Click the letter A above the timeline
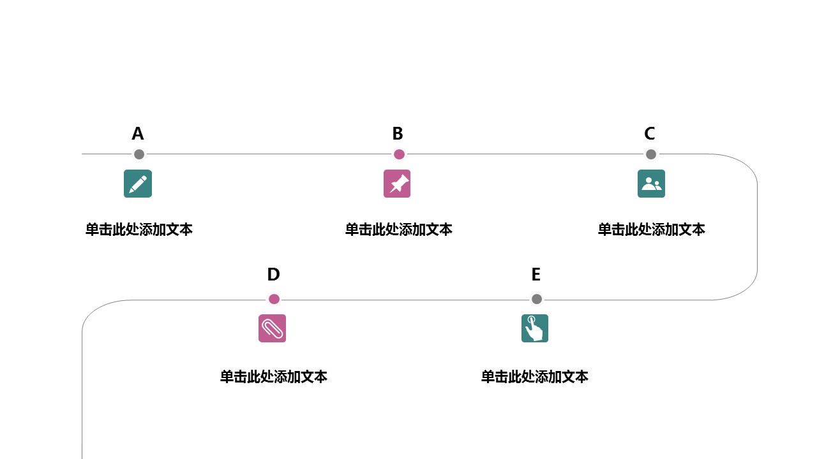[x=138, y=134]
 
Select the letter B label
[x=398, y=134]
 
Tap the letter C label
[x=650, y=134]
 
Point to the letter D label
[x=273, y=275]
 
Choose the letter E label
[x=536, y=275]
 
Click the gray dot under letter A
[x=139, y=154]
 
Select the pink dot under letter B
[x=399, y=154]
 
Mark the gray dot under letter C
[x=651, y=154]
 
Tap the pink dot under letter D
[x=274, y=299]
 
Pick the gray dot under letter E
[x=537, y=299]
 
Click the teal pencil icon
[x=138, y=184]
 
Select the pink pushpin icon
[x=397, y=184]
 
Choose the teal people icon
[x=651, y=184]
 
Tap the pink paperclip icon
[x=272, y=328]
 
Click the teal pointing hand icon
[x=535, y=328]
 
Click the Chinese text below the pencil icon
[x=139, y=229]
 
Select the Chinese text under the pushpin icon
[x=399, y=229]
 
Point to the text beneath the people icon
[x=651, y=229]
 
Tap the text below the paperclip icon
[x=274, y=377]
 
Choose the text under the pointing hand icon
[x=535, y=377]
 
